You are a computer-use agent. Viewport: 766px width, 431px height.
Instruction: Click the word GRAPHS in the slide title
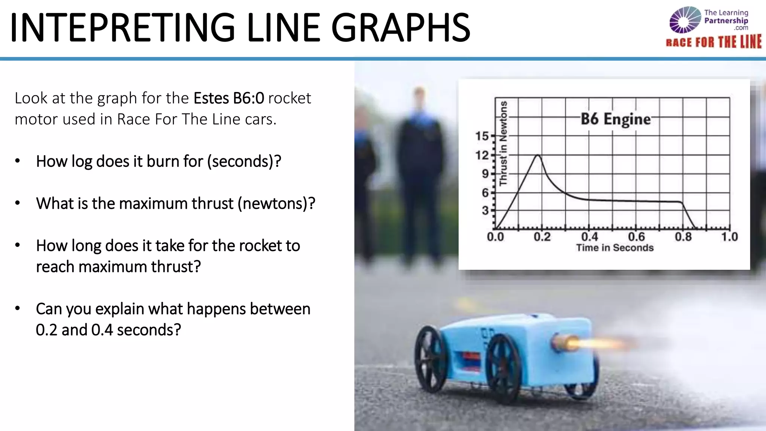click(400, 28)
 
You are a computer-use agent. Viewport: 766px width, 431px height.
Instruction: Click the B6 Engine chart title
click(616, 119)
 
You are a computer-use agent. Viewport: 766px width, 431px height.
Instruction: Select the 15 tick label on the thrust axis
click(482, 136)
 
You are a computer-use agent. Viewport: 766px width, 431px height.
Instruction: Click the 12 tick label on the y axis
click(482, 155)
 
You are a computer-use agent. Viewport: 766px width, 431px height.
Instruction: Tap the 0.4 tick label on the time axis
click(589, 236)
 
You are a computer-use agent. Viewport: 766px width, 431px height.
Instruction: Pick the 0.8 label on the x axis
click(683, 236)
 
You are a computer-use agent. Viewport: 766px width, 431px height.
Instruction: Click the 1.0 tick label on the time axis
click(729, 236)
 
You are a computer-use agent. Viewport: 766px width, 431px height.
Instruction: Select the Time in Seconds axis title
click(615, 248)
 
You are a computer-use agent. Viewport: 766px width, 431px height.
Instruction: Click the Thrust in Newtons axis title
click(503, 143)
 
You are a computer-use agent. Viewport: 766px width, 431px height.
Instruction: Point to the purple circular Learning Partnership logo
click(685, 20)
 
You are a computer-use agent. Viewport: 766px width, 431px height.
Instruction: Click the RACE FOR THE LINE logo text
click(714, 42)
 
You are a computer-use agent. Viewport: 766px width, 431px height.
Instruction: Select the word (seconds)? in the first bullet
click(244, 161)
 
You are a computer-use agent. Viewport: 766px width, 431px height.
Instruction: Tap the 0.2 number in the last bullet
click(46, 330)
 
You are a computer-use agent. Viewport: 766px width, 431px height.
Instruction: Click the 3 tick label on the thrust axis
click(485, 211)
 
